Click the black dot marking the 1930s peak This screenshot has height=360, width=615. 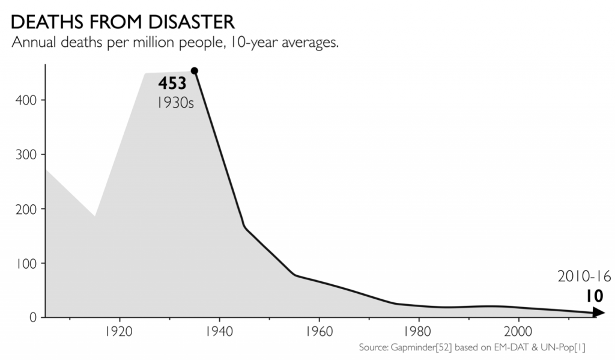pos(194,71)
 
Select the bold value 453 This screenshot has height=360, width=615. pos(172,84)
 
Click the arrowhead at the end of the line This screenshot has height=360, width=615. pos(598,312)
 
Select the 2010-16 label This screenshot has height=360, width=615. pos(584,276)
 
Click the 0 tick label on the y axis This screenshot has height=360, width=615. pos(34,317)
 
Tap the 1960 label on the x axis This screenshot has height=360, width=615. pos(318,332)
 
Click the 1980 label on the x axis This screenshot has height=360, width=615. pos(418,332)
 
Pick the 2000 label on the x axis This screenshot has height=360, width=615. pos(518,332)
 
